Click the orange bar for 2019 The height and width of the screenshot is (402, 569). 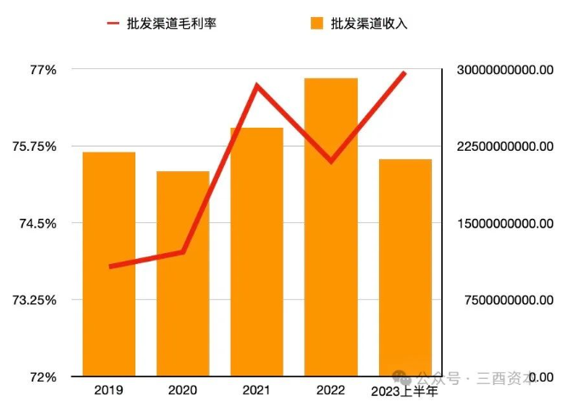pos(108,264)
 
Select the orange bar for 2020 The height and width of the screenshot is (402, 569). pos(182,273)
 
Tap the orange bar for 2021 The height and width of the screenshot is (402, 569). pos(256,252)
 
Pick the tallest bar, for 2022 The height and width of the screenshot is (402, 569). pos(330,227)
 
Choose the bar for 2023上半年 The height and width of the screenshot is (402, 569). pos(405,267)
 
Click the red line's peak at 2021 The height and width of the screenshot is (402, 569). pos(256,86)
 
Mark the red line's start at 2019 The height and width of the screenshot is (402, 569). pos(110,267)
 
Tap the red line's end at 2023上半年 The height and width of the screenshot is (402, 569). pos(405,73)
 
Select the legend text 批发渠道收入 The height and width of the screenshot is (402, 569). pos(369,23)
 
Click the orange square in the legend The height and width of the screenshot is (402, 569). pos(317,23)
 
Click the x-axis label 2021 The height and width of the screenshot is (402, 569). pos(256,390)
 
